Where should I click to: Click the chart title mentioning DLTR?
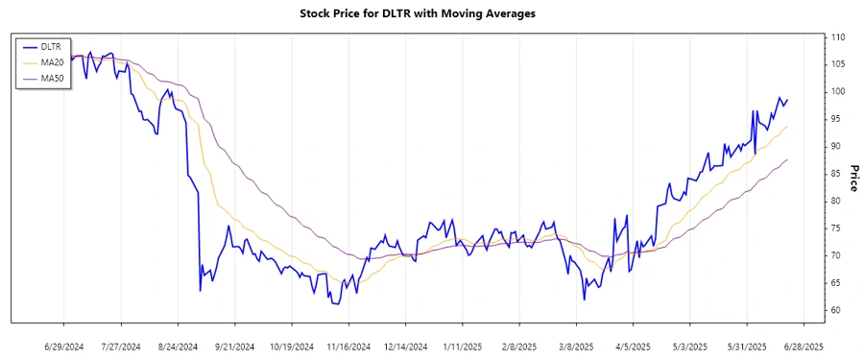(x=431, y=13)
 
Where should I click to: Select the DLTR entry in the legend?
(x=53, y=46)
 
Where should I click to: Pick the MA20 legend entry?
(x=54, y=62)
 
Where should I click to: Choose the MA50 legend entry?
(x=54, y=79)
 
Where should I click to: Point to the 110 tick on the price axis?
(x=838, y=36)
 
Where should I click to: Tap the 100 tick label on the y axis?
(x=838, y=91)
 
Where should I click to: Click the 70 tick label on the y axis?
(x=836, y=255)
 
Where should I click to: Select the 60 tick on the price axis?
(x=836, y=310)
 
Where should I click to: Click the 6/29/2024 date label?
(x=64, y=345)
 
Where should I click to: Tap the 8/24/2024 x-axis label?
(x=178, y=345)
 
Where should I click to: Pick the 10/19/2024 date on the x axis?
(x=291, y=345)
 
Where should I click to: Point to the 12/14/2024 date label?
(x=404, y=345)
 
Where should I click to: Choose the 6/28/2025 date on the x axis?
(x=802, y=345)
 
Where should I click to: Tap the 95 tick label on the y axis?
(x=836, y=119)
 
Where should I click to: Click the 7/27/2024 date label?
(x=121, y=345)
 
